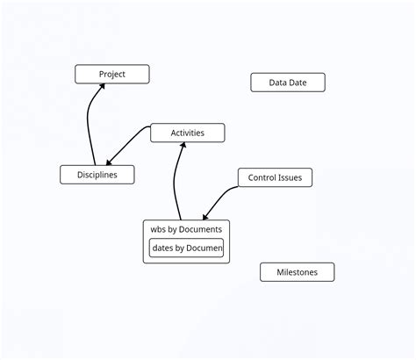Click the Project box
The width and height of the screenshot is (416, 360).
(x=111, y=75)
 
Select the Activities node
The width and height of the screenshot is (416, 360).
(x=187, y=133)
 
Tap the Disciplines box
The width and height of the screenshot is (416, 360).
(x=97, y=175)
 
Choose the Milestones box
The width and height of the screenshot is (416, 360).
(x=297, y=272)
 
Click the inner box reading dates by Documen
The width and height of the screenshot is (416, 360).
(x=186, y=248)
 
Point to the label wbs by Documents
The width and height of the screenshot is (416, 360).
(x=186, y=229)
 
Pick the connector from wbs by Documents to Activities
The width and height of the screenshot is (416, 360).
(x=176, y=184)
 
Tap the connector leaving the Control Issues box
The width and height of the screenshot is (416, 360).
(x=221, y=198)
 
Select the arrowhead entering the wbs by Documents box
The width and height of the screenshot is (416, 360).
(x=205, y=216)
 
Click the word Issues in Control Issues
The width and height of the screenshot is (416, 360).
(x=289, y=177)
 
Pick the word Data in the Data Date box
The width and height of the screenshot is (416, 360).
(x=278, y=83)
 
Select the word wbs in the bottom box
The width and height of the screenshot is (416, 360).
(x=159, y=229)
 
